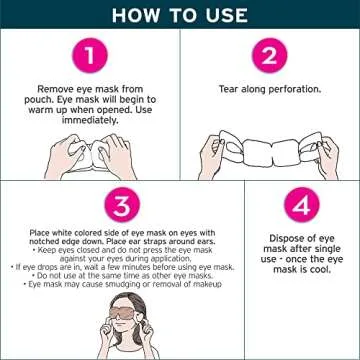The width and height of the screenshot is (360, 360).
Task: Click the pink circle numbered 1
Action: click(x=90, y=58)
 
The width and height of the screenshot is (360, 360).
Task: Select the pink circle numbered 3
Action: click(x=121, y=207)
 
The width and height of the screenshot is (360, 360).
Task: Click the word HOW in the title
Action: click(x=134, y=14)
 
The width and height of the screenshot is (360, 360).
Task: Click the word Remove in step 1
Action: click(x=51, y=88)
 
